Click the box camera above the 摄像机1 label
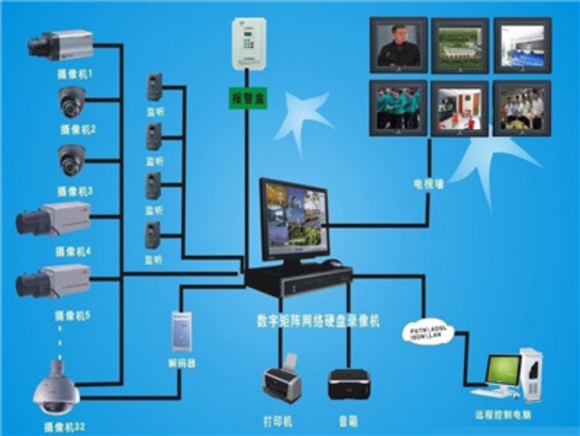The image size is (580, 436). (x=61, y=46)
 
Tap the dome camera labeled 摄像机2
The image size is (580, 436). (x=72, y=102)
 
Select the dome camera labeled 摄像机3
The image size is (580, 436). (x=72, y=159)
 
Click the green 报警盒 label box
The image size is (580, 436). (x=247, y=97)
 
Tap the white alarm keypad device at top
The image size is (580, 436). (x=249, y=43)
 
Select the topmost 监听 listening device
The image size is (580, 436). (x=154, y=87)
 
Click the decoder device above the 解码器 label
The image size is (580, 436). (x=181, y=332)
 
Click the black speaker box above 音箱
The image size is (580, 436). (x=349, y=384)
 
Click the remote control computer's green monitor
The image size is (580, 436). (x=503, y=370)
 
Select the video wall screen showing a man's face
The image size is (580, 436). (x=398, y=45)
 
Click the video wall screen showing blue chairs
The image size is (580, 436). (x=522, y=45)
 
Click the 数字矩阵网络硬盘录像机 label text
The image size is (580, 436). (x=318, y=321)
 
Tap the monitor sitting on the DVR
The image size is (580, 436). (x=294, y=219)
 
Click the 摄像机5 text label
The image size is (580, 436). (x=73, y=315)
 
